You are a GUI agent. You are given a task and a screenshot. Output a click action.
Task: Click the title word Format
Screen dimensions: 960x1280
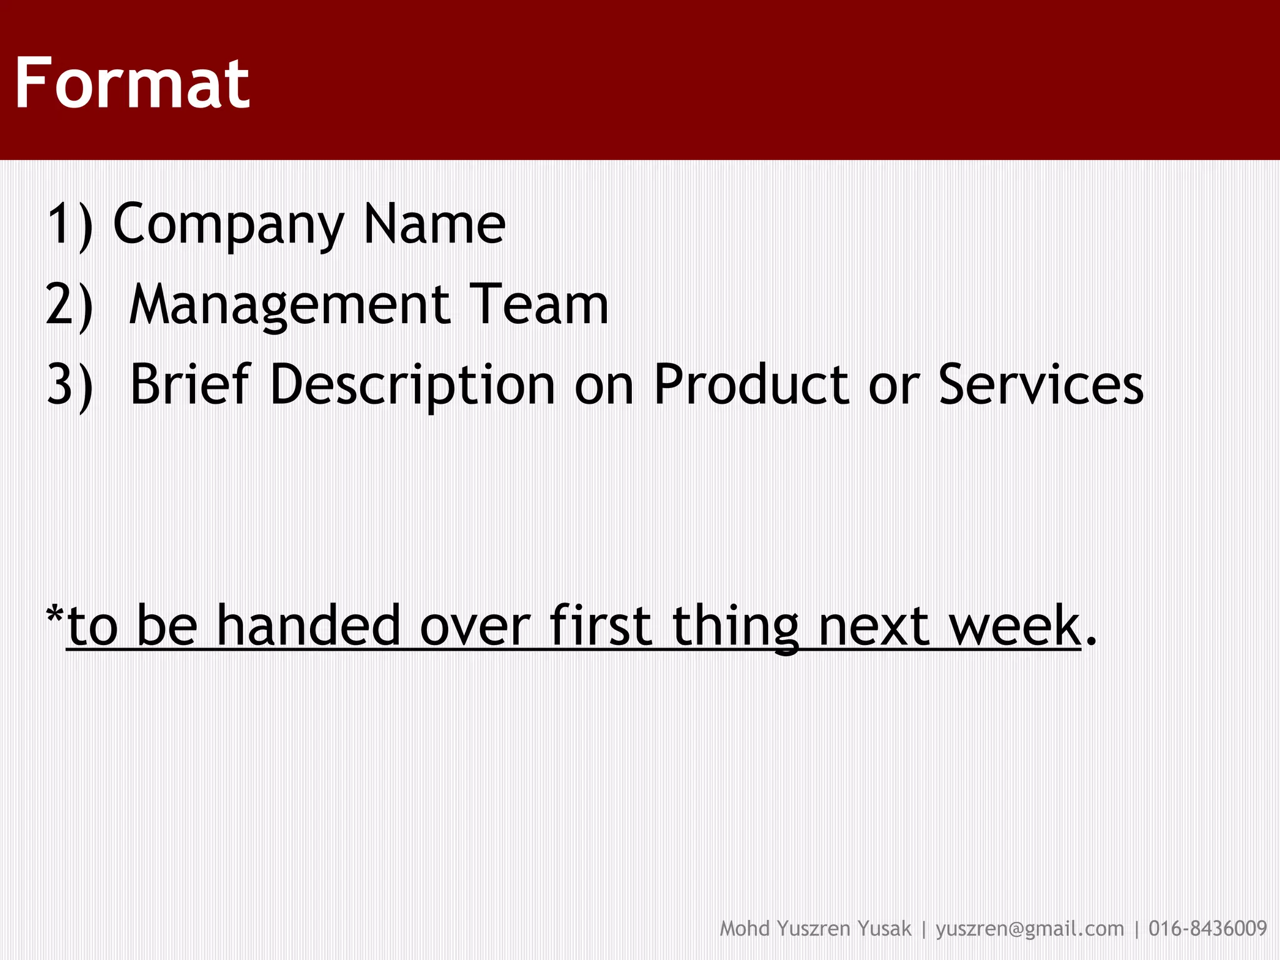coord(132,83)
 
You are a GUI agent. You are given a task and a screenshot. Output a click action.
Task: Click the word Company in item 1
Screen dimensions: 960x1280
coord(228,225)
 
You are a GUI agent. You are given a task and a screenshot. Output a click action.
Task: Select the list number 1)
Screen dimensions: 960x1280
coord(70,225)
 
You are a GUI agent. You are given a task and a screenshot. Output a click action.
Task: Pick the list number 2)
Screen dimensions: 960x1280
coord(70,305)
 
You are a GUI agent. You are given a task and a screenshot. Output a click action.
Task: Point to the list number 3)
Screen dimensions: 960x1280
coord(70,385)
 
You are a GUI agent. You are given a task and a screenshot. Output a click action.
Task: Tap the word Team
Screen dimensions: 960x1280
coord(538,305)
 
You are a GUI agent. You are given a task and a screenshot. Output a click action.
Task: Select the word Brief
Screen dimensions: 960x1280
coord(191,384)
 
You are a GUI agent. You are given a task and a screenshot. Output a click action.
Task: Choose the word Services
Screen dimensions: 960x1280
coord(1041,384)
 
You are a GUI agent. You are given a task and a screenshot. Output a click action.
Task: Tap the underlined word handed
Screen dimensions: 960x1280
coord(308,626)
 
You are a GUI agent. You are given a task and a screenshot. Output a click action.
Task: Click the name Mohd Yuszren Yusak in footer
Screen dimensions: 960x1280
coord(815,929)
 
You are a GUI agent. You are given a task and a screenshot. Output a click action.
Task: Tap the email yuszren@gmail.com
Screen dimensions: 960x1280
coord(1029,929)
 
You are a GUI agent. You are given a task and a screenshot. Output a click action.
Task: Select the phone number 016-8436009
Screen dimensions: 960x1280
coord(1207,929)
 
